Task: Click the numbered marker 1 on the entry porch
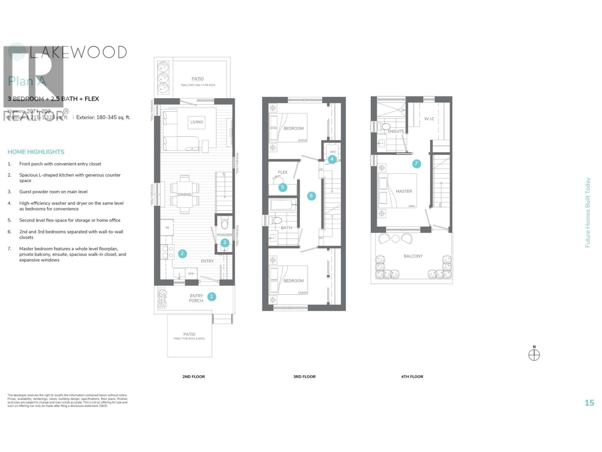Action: (x=211, y=296)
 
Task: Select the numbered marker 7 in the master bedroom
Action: (x=416, y=164)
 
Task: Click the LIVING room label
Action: (x=196, y=122)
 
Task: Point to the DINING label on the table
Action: (x=185, y=194)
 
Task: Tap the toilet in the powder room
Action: (x=224, y=224)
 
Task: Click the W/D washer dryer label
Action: (x=333, y=152)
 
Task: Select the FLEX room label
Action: (x=283, y=172)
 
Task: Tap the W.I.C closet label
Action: (x=429, y=119)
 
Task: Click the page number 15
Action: (x=589, y=403)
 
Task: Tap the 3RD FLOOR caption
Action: (x=304, y=377)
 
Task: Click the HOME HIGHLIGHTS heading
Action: (x=36, y=152)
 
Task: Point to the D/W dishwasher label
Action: (x=191, y=274)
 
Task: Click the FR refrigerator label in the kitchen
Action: (x=167, y=228)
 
